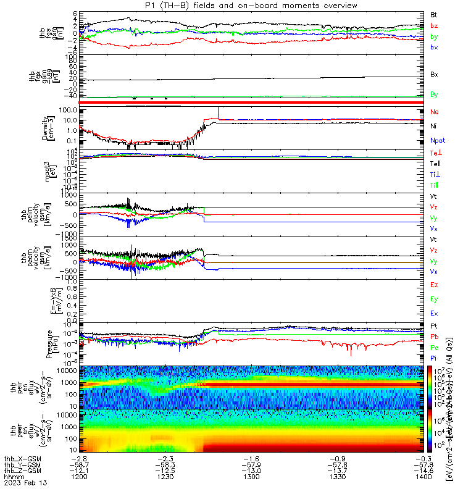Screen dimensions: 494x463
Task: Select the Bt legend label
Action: (434, 14)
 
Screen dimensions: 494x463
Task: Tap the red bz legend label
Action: (434, 25)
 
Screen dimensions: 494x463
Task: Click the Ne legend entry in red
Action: (434, 112)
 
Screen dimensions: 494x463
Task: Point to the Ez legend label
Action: (434, 285)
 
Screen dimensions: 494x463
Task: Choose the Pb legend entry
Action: (434, 337)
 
